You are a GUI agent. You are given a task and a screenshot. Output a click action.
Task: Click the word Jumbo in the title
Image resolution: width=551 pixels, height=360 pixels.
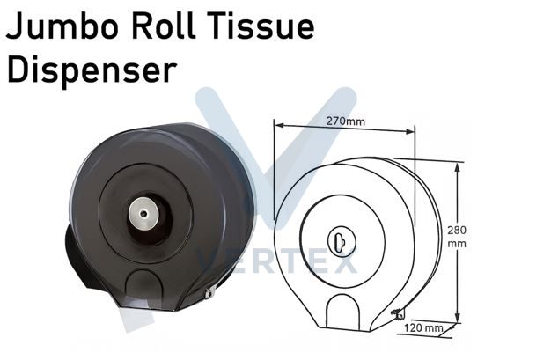point(62,26)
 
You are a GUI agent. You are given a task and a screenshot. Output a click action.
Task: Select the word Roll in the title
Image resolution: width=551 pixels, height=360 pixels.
point(164,26)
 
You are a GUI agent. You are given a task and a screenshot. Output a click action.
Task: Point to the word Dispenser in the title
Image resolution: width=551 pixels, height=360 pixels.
point(92,71)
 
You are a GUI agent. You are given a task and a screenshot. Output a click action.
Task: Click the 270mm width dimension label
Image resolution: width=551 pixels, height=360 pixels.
point(346,121)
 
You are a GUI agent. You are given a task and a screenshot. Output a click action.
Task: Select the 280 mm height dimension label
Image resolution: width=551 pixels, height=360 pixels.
point(457,237)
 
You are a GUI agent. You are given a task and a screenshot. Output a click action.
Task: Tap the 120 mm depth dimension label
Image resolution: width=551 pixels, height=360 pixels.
point(423,328)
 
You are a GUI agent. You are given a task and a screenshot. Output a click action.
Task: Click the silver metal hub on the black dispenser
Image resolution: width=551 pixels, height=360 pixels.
point(143,213)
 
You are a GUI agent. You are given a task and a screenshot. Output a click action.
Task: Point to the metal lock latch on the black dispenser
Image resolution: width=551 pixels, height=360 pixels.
point(210,292)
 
